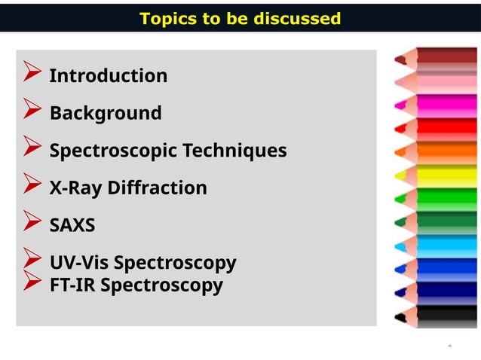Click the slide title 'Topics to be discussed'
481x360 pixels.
point(240,18)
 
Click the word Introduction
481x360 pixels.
point(108,76)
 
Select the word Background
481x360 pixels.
point(105,114)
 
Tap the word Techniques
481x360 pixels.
point(241,151)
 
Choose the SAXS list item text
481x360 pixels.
point(72,226)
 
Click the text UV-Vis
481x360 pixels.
point(78,264)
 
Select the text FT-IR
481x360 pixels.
point(72,286)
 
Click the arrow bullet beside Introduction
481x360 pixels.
point(32,75)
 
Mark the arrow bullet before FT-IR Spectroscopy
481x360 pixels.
point(32,282)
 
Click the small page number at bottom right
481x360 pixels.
point(449,346)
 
